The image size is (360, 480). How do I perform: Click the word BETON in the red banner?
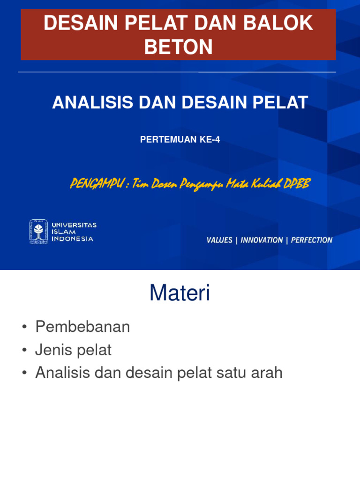pos(178,47)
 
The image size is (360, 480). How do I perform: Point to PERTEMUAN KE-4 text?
pos(180,140)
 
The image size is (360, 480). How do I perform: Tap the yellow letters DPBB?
pos(298,183)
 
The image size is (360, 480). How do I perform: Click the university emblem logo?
pos(38,232)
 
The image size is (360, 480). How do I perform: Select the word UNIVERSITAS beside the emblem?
pos(74,225)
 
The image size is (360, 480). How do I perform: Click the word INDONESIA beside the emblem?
pos(72,239)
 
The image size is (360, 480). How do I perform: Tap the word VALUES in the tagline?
pos(219,240)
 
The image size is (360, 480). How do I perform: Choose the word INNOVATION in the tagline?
pos(262,240)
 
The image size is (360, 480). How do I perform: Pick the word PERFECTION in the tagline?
pos(312,240)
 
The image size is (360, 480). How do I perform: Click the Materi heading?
pos(180,293)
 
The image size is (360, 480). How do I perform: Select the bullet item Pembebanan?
pos(82,327)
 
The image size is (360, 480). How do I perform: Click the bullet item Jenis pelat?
pos(74,350)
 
